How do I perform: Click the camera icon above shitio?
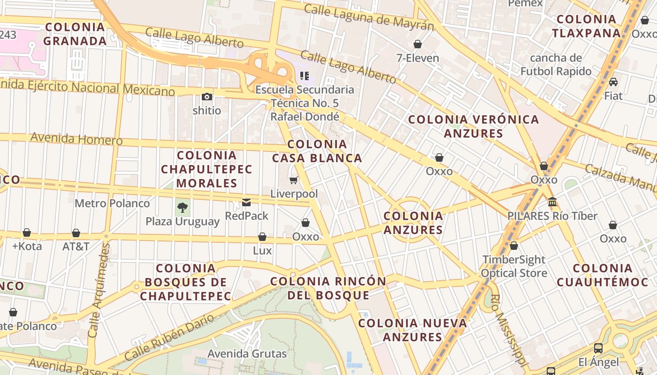(x=207, y=97)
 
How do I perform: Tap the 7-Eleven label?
(x=418, y=58)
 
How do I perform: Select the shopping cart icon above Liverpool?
(x=294, y=180)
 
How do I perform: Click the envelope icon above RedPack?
(x=246, y=202)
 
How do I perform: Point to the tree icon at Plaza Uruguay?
(x=183, y=207)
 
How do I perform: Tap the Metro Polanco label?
(x=112, y=203)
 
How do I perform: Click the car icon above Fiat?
(x=613, y=82)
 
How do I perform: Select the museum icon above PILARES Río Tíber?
(x=552, y=202)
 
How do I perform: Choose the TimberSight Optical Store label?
(x=514, y=266)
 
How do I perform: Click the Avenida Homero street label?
(x=76, y=139)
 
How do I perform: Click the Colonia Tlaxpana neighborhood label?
(x=586, y=26)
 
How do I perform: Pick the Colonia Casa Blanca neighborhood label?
(x=317, y=151)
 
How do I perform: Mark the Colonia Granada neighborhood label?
(x=75, y=34)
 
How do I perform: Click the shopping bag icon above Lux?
(x=262, y=237)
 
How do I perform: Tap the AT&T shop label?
(x=76, y=246)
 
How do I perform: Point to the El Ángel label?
(x=598, y=362)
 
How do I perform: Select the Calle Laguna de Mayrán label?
(x=368, y=17)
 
